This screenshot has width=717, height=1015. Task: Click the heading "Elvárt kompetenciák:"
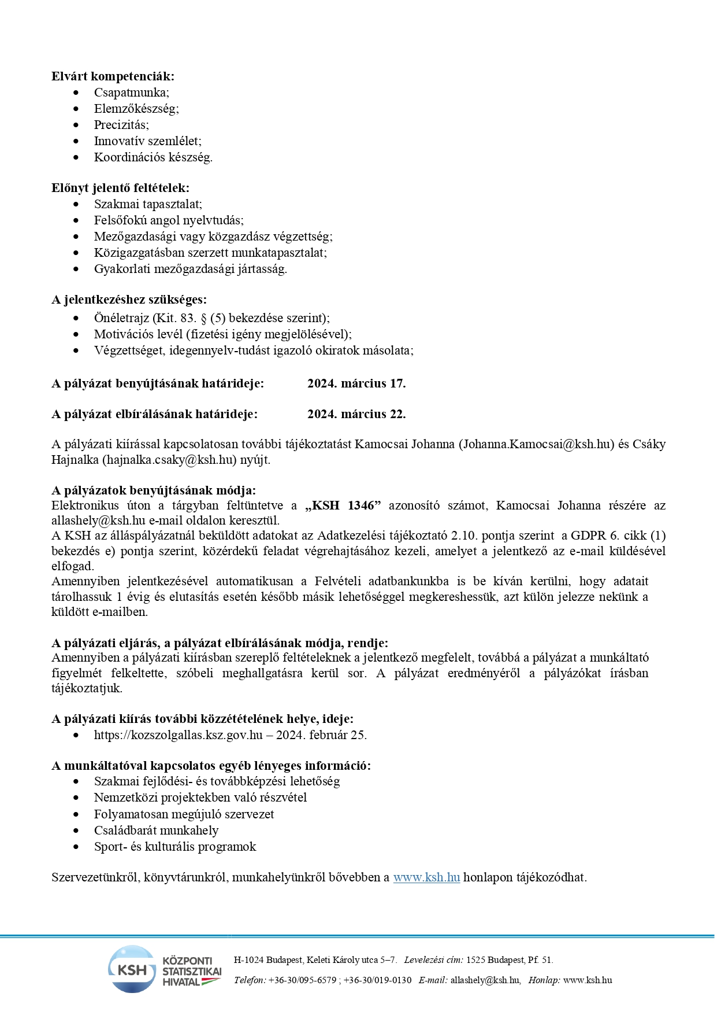pos(113,76)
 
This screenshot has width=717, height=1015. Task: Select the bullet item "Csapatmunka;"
pos(132,93)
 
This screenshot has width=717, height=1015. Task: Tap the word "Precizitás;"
pos(121,125)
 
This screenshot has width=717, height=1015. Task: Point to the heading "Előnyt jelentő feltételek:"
pos(120,188)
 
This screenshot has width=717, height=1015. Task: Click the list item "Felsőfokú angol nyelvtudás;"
pos(169,220)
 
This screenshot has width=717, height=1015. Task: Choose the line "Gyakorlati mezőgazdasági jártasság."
pos(190,269)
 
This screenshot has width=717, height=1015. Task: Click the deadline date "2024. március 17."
pos(356,383)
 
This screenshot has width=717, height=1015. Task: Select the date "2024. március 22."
pos(356,414)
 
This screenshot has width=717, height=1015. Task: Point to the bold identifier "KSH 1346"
pos(344,505)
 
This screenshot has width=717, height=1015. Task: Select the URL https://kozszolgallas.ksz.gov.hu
pos(178,735)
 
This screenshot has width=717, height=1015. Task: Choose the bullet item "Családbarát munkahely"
pos(156,831)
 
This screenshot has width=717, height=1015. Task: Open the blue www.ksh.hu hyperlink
pos(426,877)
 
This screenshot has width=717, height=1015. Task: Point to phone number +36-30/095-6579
pos(302,980)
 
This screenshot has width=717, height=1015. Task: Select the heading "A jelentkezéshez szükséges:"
pos(129,300)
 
